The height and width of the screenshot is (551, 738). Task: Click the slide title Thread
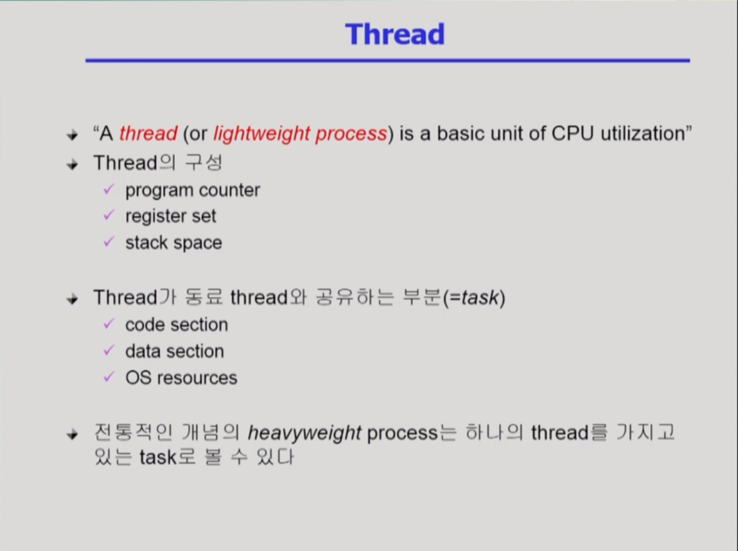click(x=395, y=34)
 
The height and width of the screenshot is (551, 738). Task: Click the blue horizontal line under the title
click(x=387, y=60)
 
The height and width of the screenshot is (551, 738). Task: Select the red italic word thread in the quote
click(x=148, y=134)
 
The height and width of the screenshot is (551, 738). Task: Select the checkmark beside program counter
click(x=109, y=189)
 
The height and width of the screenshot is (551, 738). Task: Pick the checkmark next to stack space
click(x=109, y=242)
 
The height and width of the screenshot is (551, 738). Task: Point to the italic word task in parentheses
click(x=480, y=297)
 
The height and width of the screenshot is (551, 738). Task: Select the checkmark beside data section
click(x=109, y=350)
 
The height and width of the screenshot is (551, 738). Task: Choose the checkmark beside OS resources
click(x=109, y=377)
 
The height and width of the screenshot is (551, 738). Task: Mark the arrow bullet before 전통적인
click(x=73, y=434)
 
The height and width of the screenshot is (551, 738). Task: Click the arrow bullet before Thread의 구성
click(x=73, y=164)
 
